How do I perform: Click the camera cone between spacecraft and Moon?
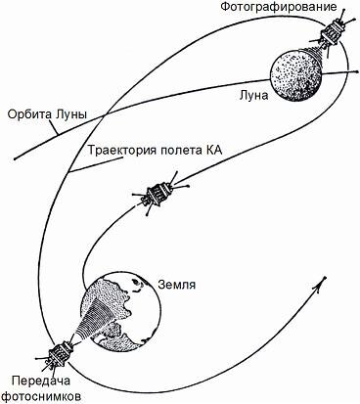[x=317, y=49]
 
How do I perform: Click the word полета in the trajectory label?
[x=180, y=150]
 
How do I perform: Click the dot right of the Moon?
[x=347, y=72]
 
